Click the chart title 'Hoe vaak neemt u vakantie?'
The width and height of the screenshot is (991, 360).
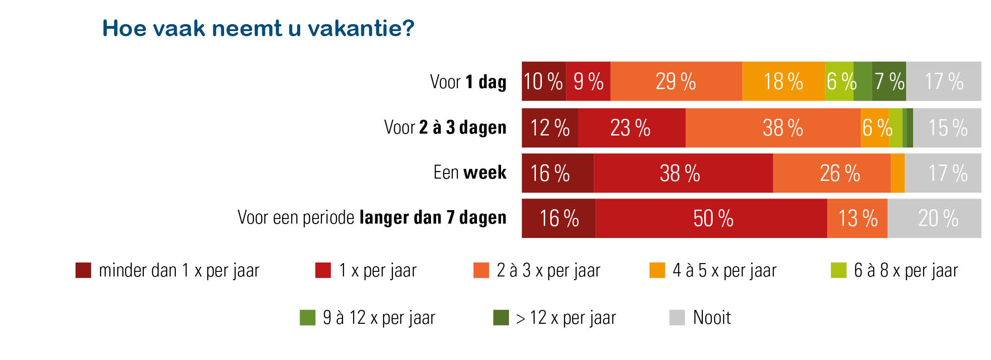258,28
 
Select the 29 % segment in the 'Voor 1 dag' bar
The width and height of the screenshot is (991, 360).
676,81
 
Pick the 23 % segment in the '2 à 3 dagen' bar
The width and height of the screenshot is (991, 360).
631,128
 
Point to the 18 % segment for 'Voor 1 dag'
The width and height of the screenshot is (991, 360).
783,81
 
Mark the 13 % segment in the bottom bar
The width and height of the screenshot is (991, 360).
857,219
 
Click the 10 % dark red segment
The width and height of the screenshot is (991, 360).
543,81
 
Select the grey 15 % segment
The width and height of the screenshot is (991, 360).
947,128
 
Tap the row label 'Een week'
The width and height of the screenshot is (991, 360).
470,173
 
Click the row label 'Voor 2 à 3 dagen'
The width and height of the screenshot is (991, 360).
445,128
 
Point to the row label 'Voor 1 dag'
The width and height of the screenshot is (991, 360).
468,82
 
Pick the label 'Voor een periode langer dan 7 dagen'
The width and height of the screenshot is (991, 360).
372,218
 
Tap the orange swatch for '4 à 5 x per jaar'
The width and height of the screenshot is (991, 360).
657,270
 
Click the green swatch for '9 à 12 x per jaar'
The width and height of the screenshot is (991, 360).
307,318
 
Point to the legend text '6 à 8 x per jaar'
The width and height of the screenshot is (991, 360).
905,270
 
